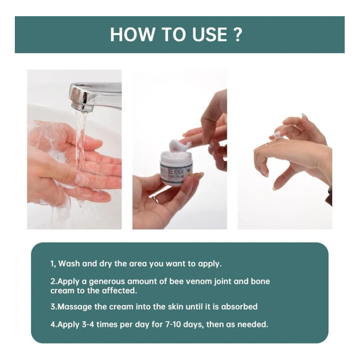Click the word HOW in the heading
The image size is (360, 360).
click(132, 35)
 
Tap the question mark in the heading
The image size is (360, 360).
click(238, 35)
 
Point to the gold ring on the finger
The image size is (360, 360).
click(156, 199)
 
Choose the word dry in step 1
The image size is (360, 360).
click(105, 264)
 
